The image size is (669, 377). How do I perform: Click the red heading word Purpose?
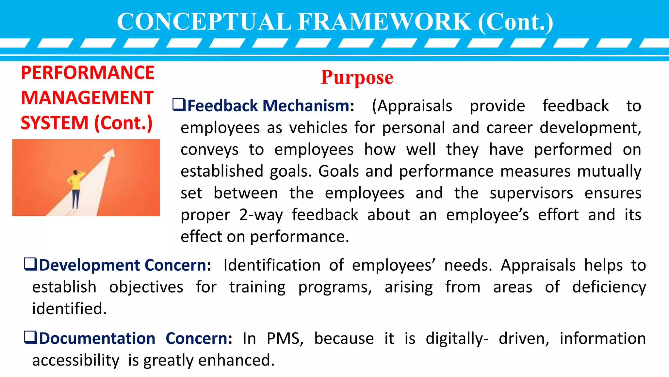(357, 78)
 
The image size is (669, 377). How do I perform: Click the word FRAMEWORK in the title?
(384, 22)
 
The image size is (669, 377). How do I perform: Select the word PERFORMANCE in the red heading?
(88, 73)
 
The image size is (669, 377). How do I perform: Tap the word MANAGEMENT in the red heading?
(87, 98)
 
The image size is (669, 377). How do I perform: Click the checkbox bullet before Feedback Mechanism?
(179, 105)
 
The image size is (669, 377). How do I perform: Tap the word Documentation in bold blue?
(97, 338)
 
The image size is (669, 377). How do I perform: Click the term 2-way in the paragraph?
(261, 215)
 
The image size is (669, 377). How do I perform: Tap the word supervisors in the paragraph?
(531, 193)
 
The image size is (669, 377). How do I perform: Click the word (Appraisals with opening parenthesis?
(412, 106)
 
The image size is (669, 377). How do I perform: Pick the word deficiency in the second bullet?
(609, 287)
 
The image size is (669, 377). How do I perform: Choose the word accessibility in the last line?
(76, 360)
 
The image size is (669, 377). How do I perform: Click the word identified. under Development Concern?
(69, 309)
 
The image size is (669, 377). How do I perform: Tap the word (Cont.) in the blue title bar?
(515, 22)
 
